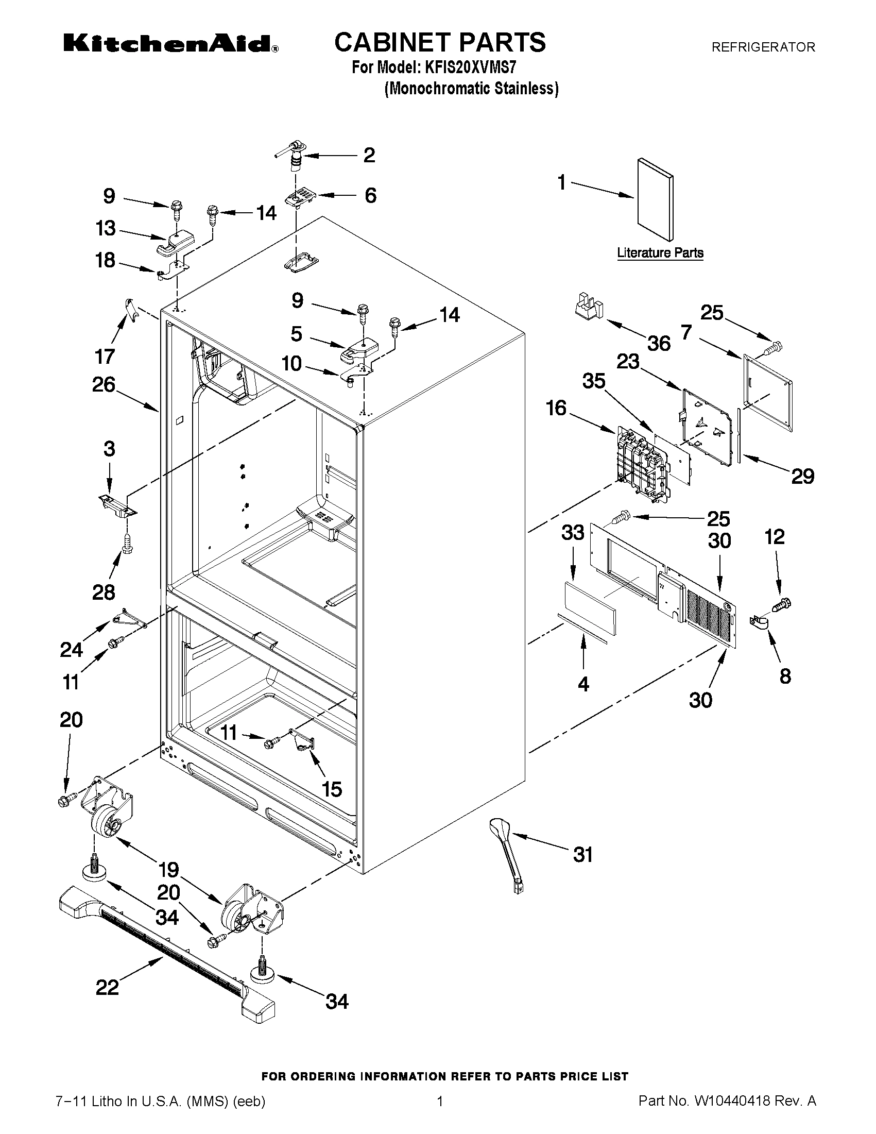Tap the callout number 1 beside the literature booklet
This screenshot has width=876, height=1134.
(562, 183)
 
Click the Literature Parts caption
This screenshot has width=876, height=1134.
(660, 253)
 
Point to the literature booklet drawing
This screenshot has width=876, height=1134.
(656, 199)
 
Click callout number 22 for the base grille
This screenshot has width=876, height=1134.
(108, 987)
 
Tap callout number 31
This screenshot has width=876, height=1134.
(582, 854)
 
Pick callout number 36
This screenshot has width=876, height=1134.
(659, 343)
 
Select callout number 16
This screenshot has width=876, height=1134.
(556, 408)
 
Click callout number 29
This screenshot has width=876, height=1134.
(802, 476)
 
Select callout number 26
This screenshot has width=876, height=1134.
(104, 385)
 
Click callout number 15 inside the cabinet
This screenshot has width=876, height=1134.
(332, 789)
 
